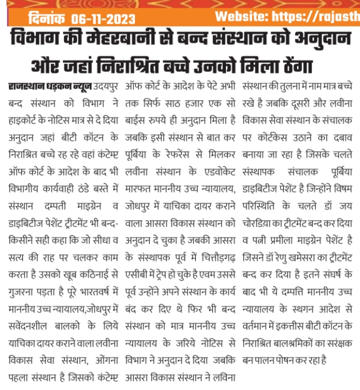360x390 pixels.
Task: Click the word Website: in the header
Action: coord(240,16)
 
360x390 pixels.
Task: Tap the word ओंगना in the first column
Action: coord(103,359)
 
